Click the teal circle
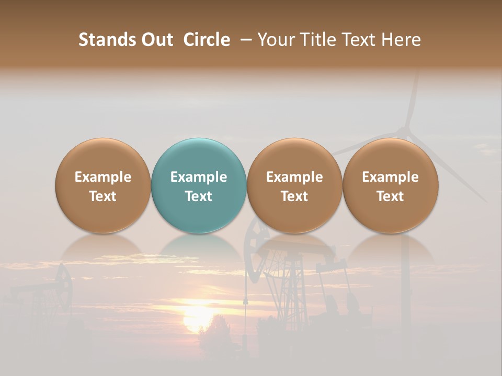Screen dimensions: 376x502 199,185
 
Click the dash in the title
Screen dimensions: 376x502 244,40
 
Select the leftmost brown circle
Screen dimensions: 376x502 103,185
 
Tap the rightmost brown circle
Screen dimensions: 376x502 391,185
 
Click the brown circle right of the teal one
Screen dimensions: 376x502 294,185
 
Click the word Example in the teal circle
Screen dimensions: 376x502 199,177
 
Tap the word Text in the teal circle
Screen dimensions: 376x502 199,196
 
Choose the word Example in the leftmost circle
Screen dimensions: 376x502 103,177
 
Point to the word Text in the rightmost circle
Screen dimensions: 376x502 391,196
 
